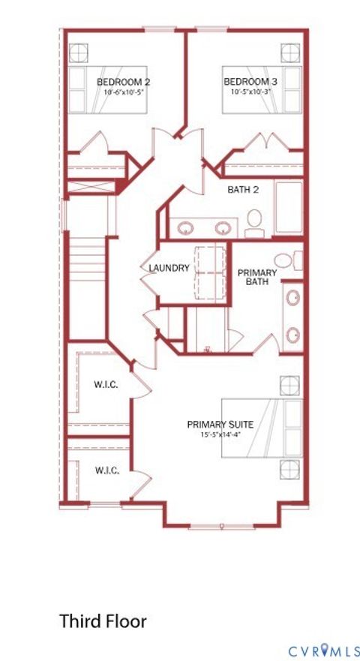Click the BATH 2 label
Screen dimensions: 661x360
(x=243, y=190)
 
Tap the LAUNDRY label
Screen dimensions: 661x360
(x=169, y=268)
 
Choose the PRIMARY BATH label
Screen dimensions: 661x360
(x=257, y=277)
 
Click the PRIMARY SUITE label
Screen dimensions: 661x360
(x=220, y=425)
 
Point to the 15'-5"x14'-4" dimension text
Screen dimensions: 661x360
(x=220, y=435)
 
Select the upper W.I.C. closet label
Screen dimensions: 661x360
(x=104, y=385)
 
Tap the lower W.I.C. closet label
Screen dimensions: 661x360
(x=104, y=470)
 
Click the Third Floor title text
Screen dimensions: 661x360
(x=103, y=621)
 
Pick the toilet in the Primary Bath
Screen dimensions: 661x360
(x=297, y=261)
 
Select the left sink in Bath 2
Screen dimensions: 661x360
(x=183, y=228)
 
